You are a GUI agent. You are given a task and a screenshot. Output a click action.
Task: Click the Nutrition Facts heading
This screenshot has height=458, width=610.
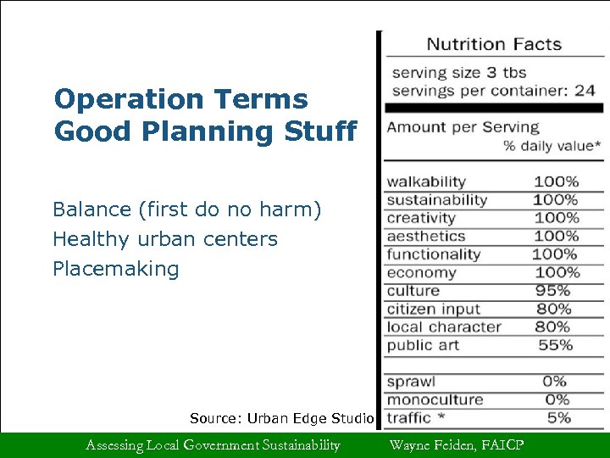[493, 44]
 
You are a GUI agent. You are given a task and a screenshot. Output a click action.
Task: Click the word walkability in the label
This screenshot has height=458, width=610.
[426, 182]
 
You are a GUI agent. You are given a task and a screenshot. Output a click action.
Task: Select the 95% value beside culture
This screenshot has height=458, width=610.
[555, 291]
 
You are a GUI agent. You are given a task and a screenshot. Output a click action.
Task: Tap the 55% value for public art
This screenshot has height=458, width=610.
[555, 345]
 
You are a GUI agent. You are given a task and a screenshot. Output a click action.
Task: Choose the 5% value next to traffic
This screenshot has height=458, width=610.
[558, 418]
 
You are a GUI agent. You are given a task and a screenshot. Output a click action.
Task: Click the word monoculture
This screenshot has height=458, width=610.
[435, 399]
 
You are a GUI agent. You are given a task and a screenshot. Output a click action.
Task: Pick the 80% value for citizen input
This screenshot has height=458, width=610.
[555, 309]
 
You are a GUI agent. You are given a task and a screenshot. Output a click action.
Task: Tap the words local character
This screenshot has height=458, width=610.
[444, 327]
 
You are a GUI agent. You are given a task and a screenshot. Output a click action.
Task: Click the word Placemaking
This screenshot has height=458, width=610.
[116, 270]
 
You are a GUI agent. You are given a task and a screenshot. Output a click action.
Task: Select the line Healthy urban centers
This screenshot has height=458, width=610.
[165, 239]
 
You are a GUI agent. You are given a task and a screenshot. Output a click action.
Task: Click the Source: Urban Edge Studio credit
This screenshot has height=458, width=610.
[281, 418]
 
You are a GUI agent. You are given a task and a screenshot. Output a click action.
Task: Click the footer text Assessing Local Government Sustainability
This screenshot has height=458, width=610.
[213, 445]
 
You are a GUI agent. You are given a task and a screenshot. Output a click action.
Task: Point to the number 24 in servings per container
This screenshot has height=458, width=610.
[584, 91]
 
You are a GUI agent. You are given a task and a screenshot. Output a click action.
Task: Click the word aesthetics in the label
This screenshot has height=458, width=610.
[426, 236]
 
